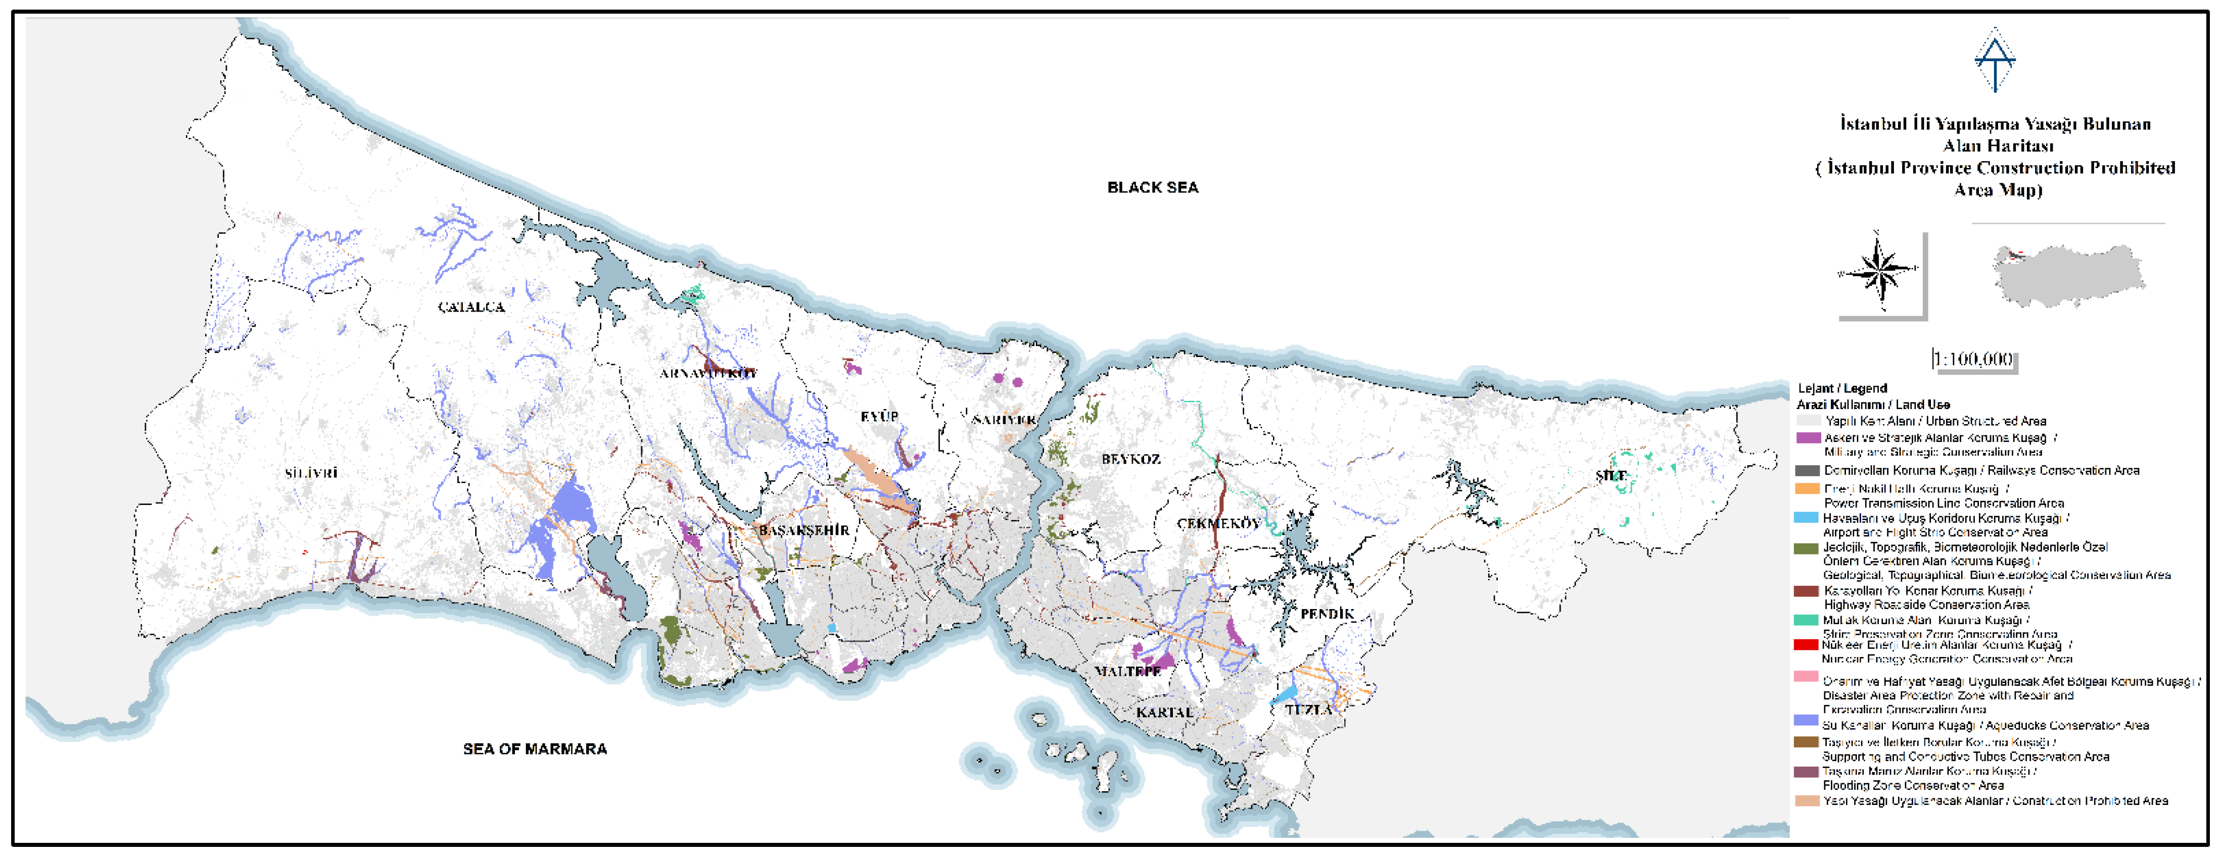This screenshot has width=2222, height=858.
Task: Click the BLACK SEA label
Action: pos(1152,187)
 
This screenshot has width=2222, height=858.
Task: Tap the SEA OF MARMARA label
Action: pos(535,748)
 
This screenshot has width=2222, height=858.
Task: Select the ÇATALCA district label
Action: pos(471,307)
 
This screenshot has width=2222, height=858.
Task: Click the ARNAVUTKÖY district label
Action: pos(708,373)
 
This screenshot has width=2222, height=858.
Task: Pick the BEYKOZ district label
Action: pos(1131,459)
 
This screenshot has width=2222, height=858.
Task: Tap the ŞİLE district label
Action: pos(1611,476)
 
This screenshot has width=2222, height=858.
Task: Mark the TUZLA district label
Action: pos(1308,710)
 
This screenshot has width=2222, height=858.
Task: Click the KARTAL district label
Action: pos(1164,712)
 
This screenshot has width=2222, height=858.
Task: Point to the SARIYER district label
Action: pos(1003,420)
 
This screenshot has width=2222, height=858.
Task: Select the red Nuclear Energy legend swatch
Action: pos(1806,645)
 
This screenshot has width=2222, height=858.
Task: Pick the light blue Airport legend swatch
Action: pos(1806,518)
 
